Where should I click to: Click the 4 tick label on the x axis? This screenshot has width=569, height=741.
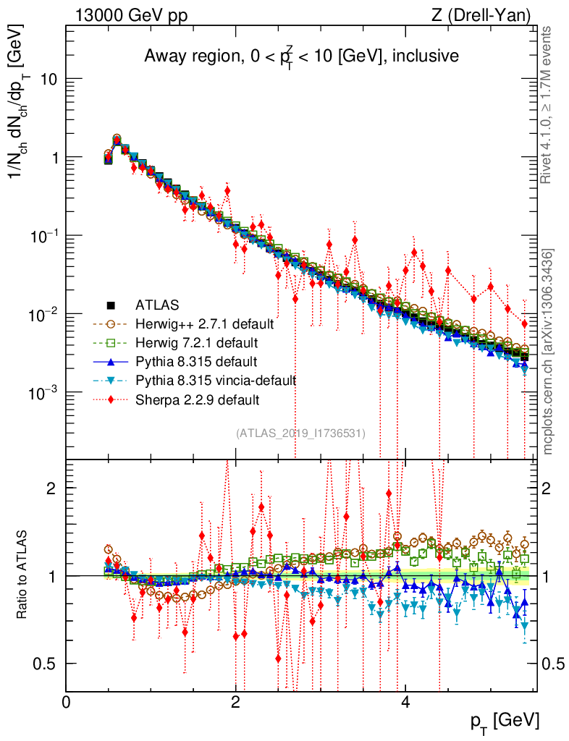coord(405,702)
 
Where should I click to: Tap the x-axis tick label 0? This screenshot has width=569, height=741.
coord(66,702)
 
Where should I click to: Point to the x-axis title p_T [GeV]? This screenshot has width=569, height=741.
coord(505,721)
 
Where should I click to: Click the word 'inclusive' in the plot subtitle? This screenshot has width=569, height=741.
coord(425,56)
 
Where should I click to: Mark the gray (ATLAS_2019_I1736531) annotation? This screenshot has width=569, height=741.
coord(300,433)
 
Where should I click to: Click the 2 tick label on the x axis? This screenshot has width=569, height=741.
coord(235,702)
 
